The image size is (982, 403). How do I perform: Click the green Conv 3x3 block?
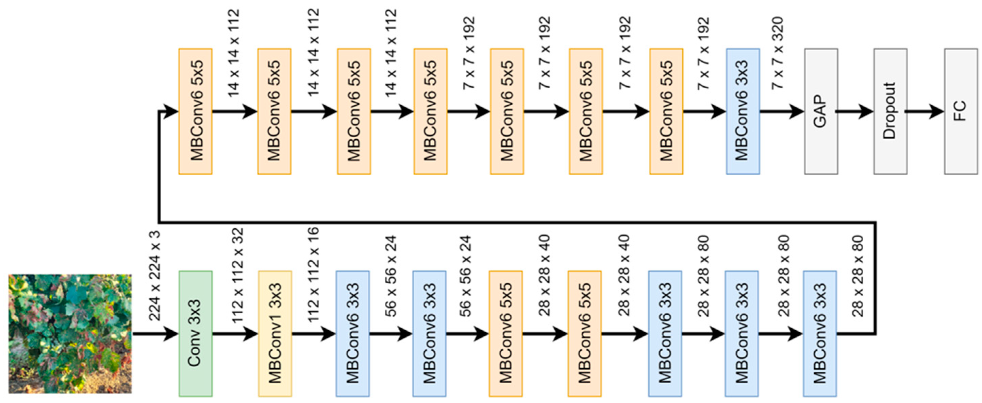(x=196, y=334)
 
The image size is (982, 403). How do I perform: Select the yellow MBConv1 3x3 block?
(x=275, y=334)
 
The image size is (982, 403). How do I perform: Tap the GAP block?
(x=821, y=111)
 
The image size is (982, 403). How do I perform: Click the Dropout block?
(x=890, y=111)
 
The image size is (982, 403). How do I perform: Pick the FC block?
(x=960, y=111)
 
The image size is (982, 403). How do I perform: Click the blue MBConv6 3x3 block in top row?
(x=743, y=111)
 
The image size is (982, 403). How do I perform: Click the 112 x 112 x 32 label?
(x=237, y=275)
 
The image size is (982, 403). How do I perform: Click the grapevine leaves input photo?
(x=70, y=334)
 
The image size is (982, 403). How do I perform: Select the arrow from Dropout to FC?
(x=925, y=111)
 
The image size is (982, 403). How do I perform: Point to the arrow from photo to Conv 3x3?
(x=155, y=334)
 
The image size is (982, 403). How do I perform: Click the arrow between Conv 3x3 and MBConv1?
(x=235, y=334)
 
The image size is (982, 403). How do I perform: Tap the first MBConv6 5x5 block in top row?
(x=196, y=111)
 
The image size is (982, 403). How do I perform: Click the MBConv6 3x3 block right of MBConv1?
(x=353, y=334)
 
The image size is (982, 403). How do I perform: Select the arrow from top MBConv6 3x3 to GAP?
(x=781, y=111)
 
